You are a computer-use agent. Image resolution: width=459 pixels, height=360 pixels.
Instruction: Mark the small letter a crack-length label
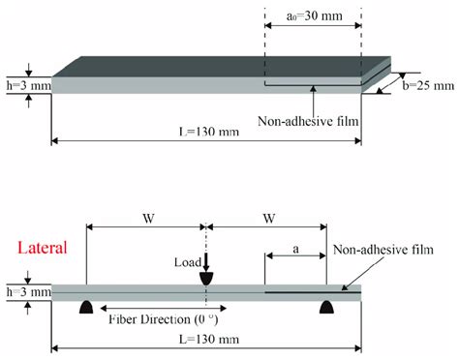tap(295, 249)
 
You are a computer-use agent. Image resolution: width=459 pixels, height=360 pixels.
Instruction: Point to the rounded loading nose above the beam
tap(206, 278)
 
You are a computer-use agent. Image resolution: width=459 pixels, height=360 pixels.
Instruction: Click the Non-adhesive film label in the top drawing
tap(316, 122)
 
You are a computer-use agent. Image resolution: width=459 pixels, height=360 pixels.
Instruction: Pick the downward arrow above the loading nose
tap(206, 260)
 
